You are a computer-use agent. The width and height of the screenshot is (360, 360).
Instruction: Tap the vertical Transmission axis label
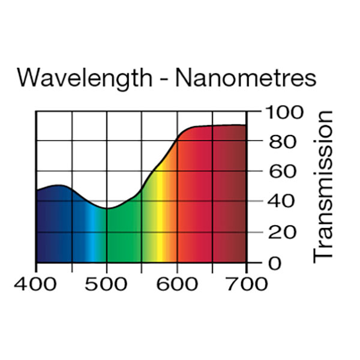click(x=323, y=186)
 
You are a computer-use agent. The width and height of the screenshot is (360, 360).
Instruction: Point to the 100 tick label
click(x=286, y=112)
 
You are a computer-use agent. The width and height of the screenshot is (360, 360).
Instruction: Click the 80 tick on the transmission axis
click(x=280, y=143)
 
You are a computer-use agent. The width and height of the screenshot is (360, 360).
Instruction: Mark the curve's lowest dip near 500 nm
click(x=107, y=208)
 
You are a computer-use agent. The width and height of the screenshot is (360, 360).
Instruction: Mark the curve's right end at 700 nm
click(x=246, y=125)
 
